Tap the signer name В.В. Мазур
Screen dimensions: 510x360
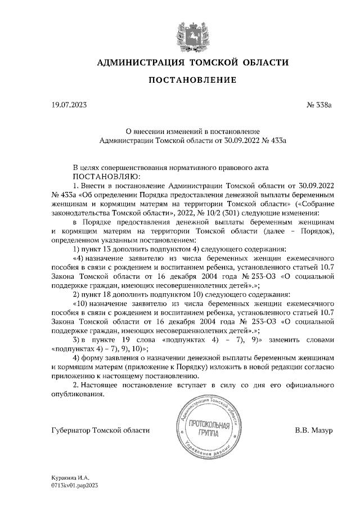(314, 431)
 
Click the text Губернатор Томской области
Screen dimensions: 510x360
(100, 431)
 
